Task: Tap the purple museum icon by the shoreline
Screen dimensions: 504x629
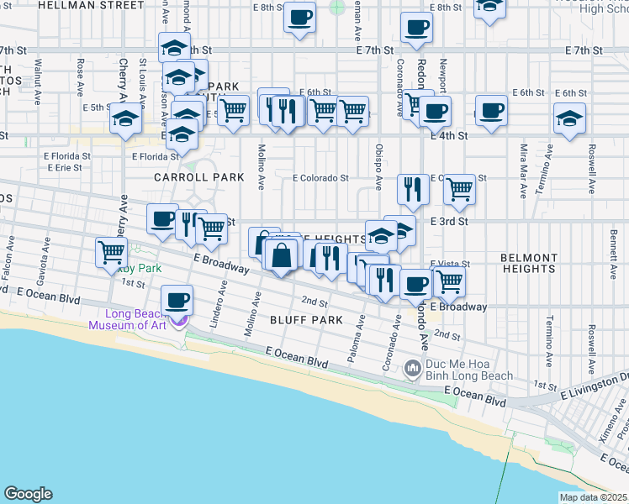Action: click(178, 320)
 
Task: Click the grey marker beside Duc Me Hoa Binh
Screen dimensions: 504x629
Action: click(412, 369)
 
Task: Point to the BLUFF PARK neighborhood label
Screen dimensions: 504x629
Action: click(306, 320)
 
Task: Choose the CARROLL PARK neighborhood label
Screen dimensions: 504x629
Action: click(198, 177)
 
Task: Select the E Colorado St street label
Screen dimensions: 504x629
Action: click(320, 178)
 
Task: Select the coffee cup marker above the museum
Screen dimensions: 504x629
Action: click(177, 299)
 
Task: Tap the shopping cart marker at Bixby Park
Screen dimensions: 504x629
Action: click(111, 251)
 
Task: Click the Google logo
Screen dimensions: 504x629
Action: click(28, 494)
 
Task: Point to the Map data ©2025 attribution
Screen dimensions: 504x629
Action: click(593, 497)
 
